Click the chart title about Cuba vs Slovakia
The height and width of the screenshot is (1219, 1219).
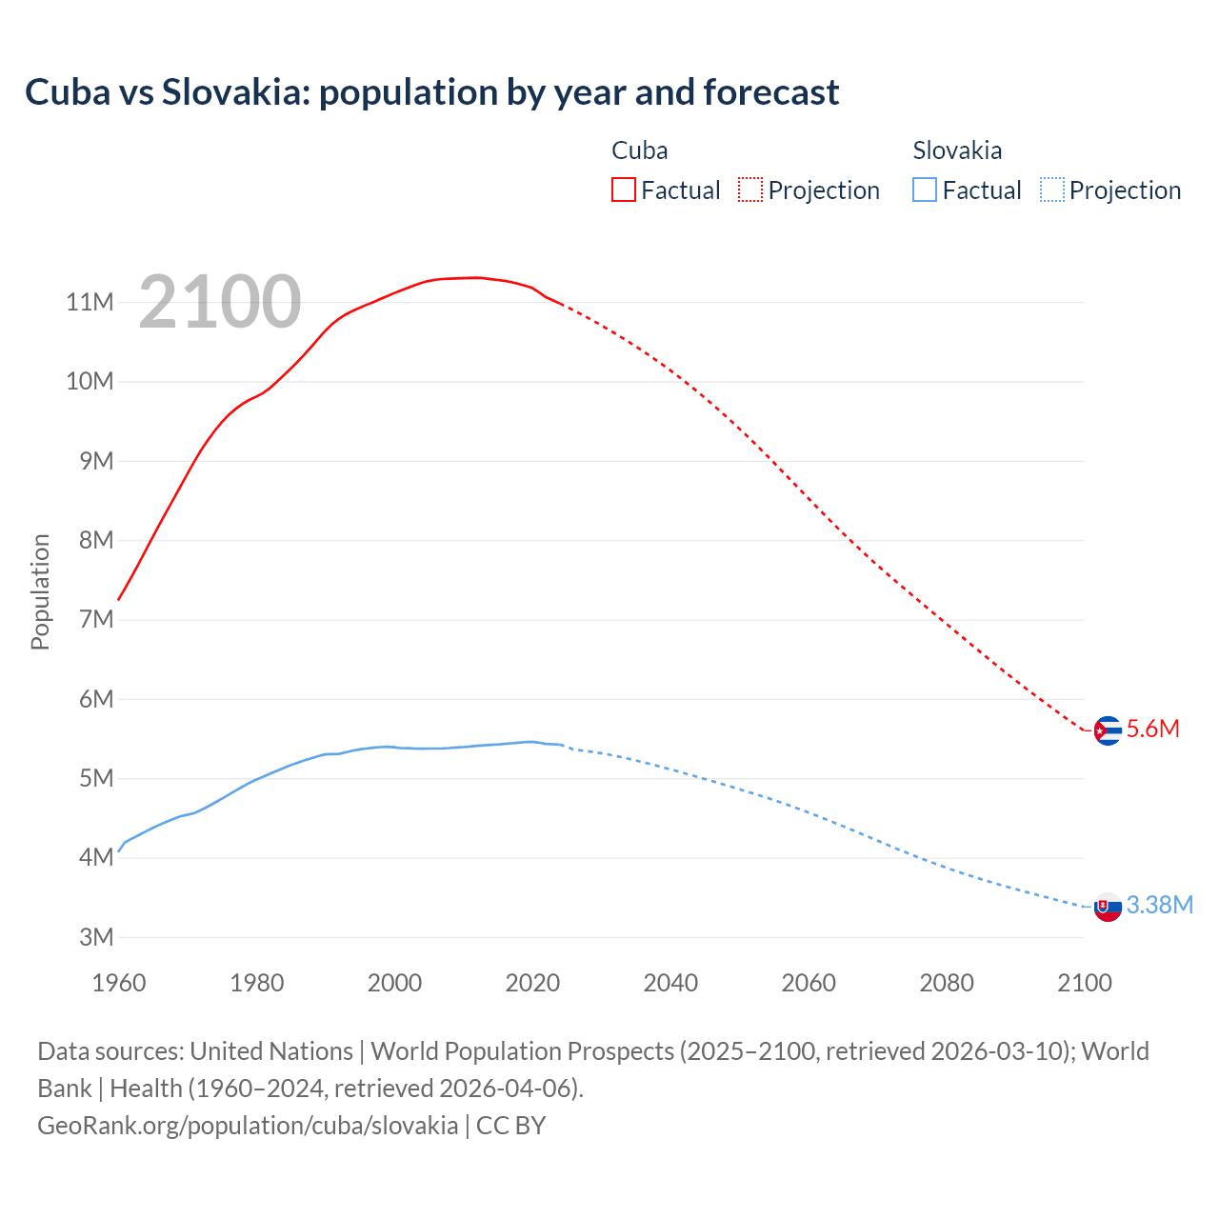(x=431, y=92)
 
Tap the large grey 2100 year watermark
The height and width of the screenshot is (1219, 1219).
(x=220, y=302)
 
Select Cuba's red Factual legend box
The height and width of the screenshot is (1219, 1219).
(x=624, y=190)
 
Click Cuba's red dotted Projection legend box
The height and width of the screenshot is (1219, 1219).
(x=750, y=190)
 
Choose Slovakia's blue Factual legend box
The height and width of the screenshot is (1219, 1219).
(x=925, y=190)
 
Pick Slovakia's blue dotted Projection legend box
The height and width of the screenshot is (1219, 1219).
(x=1052, y=190)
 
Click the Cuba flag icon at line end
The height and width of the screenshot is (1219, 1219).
(x=1108, y=730)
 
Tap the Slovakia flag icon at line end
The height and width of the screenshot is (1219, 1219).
(x=1108, y=908)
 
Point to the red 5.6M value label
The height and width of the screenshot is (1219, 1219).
(x=1153, y=729)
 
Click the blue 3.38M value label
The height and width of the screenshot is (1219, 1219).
(x=1160, y=906)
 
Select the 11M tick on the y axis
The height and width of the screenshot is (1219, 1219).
(x=90, y=303)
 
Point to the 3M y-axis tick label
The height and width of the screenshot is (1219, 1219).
(x=96, y=937)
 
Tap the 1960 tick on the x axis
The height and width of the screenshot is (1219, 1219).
(x=119, y=983)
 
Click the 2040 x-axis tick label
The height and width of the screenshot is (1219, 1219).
(x=670, y=983)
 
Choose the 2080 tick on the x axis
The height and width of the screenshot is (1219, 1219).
(x=947, y=983)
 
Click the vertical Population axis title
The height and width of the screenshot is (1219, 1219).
(x=40, y=591)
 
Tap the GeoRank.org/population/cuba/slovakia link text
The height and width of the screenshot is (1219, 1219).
(x=248, y=1126)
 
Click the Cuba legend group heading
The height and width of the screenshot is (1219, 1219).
(x=640, y=150)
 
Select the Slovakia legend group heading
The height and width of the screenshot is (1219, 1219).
(x=957, y=150)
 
